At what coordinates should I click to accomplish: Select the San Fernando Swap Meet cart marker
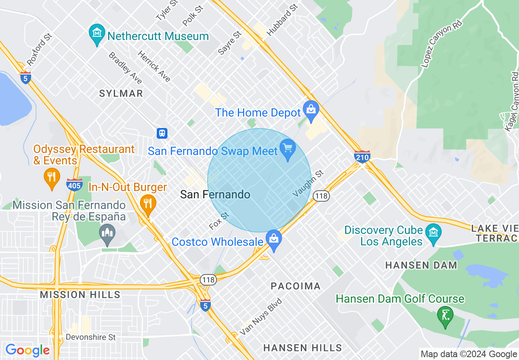pyautogui.click(x=288, y=148)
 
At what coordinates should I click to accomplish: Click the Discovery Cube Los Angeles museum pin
pyautogui.click(x=433, y=234)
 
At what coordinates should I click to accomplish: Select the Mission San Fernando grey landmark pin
pyautogui.click(x=107, y=234)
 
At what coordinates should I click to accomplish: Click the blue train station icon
pyautogui.click(x=162, y=133)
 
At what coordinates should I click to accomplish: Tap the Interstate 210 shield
pyautogui.click(x=362, y=156)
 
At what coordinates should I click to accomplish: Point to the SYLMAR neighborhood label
pyautogui.click(x=121, y=93)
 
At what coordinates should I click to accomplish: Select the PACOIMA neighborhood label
pyautogui.click(x=296, y=286)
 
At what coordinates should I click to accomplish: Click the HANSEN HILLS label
pyautogui.click(x=302, y=348)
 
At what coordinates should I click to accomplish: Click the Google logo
pyautogui.click(x=27, y=351)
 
